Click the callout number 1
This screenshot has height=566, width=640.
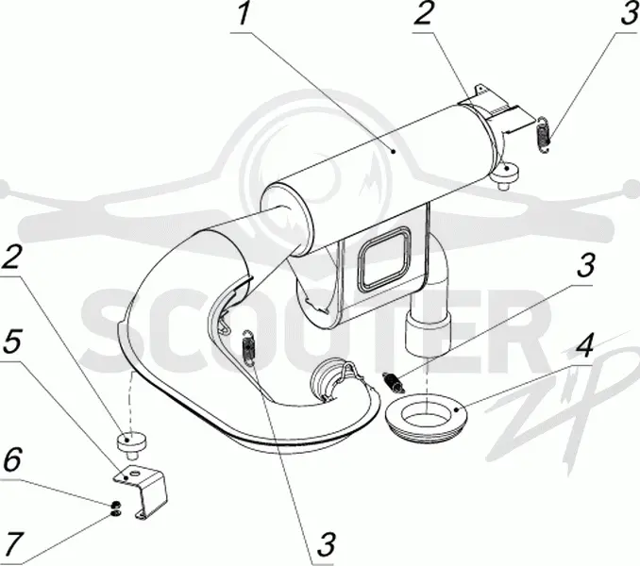[x=244, y=13]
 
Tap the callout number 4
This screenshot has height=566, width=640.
[x=584, y=346]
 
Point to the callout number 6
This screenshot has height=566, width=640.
[x=11, y=460]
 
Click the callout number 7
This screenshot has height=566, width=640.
[x=11, y=544]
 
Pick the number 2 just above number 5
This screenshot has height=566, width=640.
[x=10, y=258]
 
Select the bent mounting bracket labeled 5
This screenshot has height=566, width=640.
[x=143, y=491]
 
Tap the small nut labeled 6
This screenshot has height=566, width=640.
[x=115, y=503]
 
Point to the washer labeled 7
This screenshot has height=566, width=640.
[x=115, y=511]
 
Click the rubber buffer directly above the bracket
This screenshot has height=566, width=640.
[x=130, y=445]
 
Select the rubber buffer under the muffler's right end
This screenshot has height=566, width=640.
[x=506, y=174]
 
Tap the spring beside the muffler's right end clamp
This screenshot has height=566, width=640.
[x=544, y=136]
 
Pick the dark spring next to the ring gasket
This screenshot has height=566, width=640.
[x=394, y=382]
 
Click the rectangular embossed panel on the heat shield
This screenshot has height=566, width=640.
[x=383, y=258]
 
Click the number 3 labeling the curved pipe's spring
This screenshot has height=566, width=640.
[x=327, y=544]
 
